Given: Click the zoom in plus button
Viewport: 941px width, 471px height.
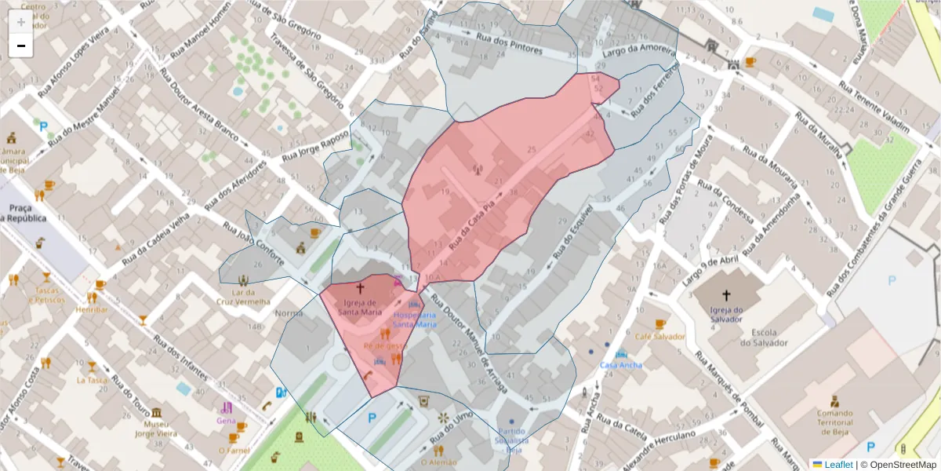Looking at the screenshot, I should pos(20,21).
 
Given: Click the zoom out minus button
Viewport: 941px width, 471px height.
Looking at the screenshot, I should pos(20,46).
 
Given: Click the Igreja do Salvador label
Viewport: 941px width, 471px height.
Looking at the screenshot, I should pos(726,314).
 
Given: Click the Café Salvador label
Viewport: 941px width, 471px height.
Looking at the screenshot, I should pos(660,337).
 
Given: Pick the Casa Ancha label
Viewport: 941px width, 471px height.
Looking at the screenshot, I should pos(620,365).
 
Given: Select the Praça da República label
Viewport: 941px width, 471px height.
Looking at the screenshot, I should pos(23,213).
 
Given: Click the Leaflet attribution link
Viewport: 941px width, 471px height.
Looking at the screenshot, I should pos(837,464).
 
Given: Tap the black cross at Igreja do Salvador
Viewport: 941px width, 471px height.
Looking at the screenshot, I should pos(726,295).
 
